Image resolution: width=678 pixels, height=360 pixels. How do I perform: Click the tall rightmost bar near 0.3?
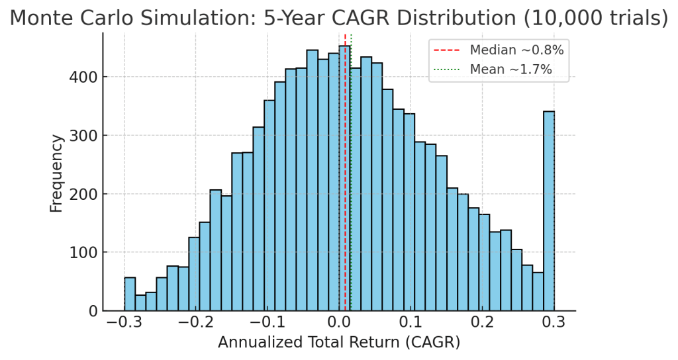(548, 212)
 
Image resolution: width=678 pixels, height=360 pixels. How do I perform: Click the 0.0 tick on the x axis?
(339, 323)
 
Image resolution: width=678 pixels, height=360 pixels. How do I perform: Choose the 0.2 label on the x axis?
(483, 323)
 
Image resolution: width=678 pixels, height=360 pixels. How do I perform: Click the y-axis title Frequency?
(57, 173)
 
